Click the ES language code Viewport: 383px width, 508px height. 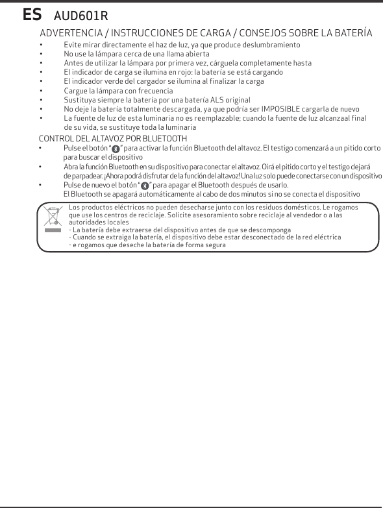(32, 14)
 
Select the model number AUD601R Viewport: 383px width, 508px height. (81, 15)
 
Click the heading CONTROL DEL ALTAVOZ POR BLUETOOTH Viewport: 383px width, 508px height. (113, 139)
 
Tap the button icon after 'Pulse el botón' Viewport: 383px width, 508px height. (116, 149)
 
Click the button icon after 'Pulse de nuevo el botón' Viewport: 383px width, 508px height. (145, 186)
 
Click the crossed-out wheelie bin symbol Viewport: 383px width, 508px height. (52, 218)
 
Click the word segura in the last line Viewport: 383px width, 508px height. (212, 245)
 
